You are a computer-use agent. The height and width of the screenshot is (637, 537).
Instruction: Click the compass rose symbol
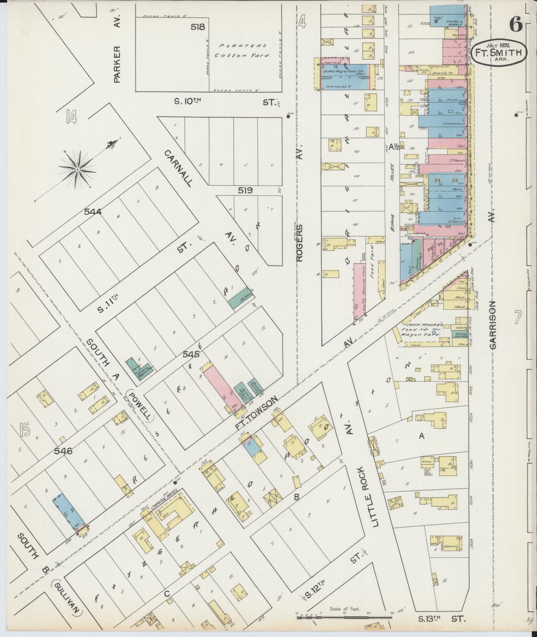tap(78, 169)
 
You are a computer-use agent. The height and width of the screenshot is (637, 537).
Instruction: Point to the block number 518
tap(198, 27)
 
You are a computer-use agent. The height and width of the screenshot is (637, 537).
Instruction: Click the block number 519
tap(245, 190)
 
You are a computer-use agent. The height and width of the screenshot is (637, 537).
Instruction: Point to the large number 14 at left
tap(71, 117)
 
